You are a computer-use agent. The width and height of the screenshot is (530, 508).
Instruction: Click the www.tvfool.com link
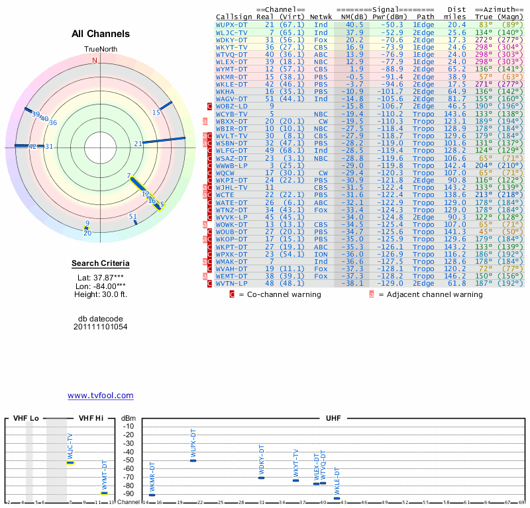tap(101, 396)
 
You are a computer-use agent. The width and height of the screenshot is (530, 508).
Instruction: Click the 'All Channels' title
tap(101, 34)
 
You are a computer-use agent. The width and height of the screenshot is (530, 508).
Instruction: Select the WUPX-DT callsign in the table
tap(232, 24)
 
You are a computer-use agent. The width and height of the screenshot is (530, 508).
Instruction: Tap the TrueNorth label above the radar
tap(100, 50)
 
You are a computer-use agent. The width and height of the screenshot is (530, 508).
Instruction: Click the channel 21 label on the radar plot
tap(138, 144)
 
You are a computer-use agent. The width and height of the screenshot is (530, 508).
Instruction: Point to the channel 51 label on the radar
tap(133, 216)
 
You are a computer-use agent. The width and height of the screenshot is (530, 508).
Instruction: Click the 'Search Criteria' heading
tap(101, 264)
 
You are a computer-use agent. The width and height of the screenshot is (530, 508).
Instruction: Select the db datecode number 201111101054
tap(101, 327)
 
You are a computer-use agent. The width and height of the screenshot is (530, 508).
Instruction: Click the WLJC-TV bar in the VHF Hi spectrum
tap(70, 462)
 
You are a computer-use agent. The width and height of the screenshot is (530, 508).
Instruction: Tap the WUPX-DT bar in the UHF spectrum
tap(193, 460)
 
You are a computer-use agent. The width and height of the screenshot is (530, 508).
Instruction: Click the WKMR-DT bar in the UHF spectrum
tap(152, 495)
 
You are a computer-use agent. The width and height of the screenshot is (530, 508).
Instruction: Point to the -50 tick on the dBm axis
tap(128, 460)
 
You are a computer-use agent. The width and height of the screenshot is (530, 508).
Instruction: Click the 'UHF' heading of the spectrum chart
tap(333, 419)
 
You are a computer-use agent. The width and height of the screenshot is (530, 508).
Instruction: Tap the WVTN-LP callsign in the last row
tap(232, 283)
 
